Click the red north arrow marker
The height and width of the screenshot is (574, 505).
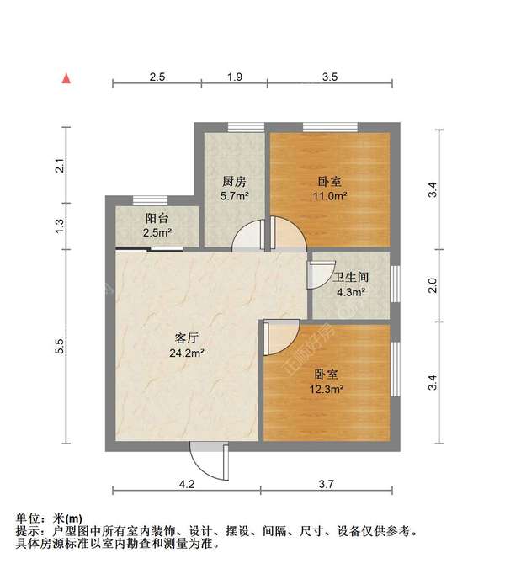point(65,78)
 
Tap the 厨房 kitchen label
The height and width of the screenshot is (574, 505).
point(234,181)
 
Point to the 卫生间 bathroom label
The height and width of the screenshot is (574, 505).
point(351,278)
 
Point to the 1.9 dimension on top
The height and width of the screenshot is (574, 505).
point(236,77)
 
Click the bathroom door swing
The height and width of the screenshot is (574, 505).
point(321,275)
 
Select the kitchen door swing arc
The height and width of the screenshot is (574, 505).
point(249,235)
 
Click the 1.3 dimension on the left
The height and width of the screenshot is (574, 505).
point(60,226)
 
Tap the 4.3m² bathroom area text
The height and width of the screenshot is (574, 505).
point(351,293)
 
